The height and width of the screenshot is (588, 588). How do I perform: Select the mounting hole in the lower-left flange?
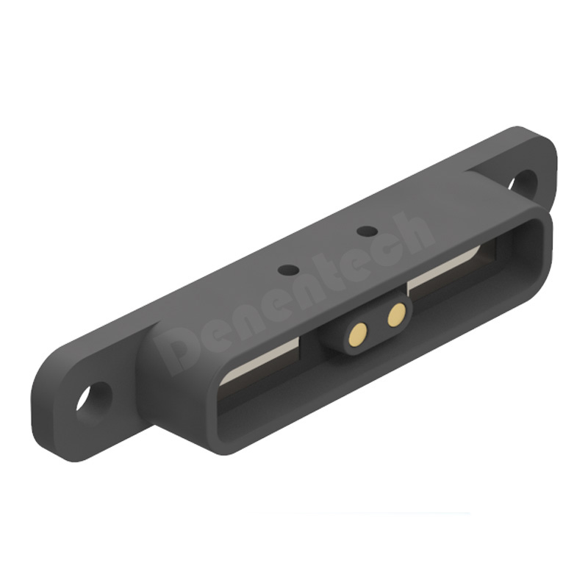tap(94, 398)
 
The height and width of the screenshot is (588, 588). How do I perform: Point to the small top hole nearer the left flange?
tap(288, 269)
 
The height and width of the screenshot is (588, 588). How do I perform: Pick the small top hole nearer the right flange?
tap(367, 231)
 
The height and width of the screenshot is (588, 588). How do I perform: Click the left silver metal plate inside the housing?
tap(259, 361)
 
